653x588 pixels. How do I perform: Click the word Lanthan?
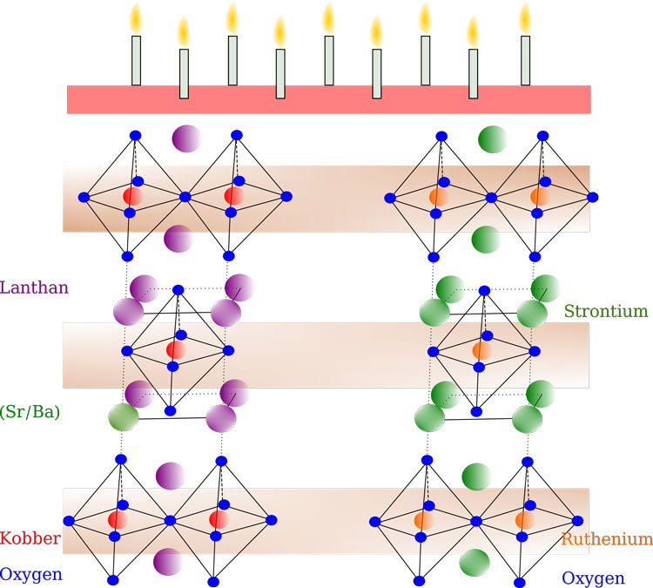[x=34, y=287]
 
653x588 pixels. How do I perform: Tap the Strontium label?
[x=606, y=311]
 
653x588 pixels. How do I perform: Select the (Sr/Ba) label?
[x=30, y=412]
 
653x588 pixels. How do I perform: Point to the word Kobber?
[x=30, y=538]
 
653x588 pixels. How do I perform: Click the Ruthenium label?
[x=607, y=539]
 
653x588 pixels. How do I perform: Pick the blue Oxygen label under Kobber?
[x=31, y=575]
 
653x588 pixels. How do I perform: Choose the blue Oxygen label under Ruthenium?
[x=594, y=578]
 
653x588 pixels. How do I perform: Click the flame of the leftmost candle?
[x=136, y=19]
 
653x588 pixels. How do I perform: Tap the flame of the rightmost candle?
[x=525, y=19]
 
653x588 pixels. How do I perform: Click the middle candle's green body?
[x=329, y=60]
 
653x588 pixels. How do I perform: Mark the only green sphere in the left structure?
[x=124, y=417]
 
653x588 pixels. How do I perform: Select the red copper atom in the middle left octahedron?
[x=176, y=350]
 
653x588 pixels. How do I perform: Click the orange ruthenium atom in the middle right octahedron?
[x=482, y=350]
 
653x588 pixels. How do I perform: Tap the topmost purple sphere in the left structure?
[x=186, y=139]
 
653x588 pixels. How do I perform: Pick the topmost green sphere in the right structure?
[x=493, y=139]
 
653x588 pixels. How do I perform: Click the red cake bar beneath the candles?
[x=329, y=100]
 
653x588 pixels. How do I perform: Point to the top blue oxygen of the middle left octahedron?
[x=178, y=290]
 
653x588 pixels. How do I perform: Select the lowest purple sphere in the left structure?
[x=168, y=562]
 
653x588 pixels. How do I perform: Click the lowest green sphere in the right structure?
[x=475, y=563]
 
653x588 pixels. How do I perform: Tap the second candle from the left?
[x=184, y=74]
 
